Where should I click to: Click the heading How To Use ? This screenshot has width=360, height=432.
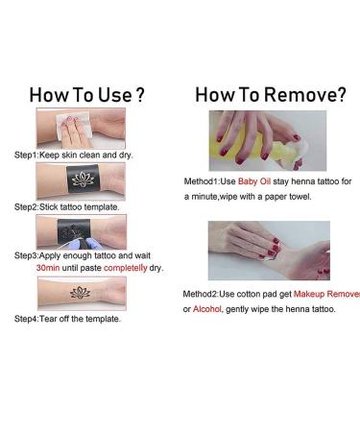tap(86, 95)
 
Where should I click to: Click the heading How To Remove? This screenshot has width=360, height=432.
tap(271, 95)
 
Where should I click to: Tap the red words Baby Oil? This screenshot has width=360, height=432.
tap(254, 181)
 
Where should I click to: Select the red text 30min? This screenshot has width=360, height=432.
tap(48, 268)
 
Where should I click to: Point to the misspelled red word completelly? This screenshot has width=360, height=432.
tap(126, 268)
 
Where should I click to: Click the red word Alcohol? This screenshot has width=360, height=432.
tap(207, 309)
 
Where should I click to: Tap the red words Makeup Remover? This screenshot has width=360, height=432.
tap(326, 294)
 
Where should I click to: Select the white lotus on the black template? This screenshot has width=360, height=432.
tap(83, 180)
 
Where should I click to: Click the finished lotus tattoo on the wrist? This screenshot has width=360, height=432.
tap(80, 293)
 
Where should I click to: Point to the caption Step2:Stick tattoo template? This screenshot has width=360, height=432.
tap(66, 207)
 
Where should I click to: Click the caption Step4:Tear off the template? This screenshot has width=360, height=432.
tap(67, 319)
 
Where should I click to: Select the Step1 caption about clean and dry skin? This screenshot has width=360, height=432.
tap(74, 156)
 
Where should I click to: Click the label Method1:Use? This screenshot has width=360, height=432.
tap(209, 181)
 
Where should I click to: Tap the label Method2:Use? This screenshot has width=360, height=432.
tap(208, 294)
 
